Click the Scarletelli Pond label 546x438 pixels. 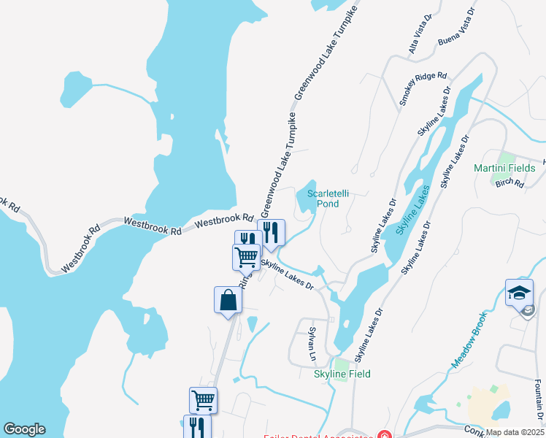(323, 199)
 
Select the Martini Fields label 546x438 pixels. (504, 169)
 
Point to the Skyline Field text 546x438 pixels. (342, 374)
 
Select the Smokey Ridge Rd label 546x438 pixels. (423, 90)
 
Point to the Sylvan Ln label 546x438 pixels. (312, 344)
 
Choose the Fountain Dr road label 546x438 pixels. (538, 401)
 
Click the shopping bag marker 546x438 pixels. (228, 299)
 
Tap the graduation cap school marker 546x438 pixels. (519, 292)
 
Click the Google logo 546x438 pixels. (24, 429)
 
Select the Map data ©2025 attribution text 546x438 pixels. (515, 432)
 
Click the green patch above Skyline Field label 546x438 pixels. (342, 363)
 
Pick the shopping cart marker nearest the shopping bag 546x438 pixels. (247, 256)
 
